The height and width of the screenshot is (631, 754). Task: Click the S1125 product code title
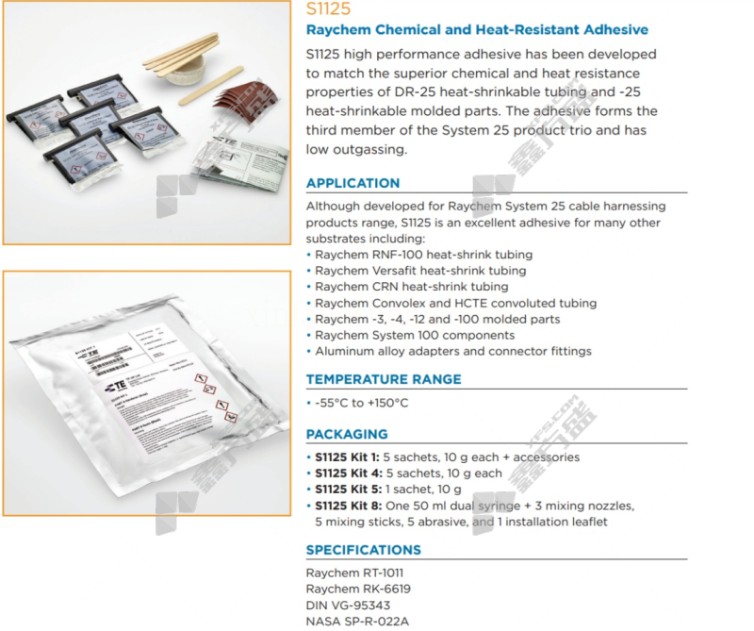click(329, 9)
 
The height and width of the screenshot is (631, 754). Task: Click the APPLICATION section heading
click(352, 183)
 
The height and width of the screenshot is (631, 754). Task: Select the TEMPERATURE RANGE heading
click(384, 379)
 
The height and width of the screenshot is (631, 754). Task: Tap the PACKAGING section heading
click(346, 434)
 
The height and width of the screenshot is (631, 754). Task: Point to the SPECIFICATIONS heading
click(363, 550)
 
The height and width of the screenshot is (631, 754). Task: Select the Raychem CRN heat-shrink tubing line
click(412, 287)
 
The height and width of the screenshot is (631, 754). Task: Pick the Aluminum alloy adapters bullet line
click(452, 351)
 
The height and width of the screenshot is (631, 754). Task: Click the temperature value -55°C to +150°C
click(361, 403)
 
